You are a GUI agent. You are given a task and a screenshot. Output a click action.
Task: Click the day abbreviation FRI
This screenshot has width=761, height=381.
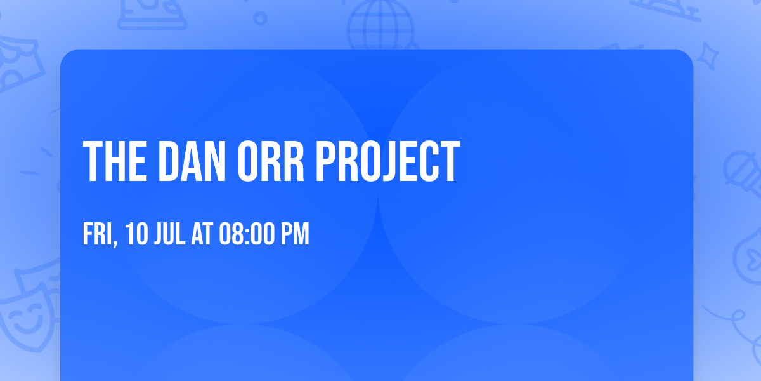(97, 234)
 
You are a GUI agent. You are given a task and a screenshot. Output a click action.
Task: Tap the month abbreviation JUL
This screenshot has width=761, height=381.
(168, 234)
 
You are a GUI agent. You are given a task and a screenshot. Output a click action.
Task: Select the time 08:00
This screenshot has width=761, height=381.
(247, 234)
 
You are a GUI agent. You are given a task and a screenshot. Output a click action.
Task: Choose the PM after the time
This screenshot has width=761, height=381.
(296, 234)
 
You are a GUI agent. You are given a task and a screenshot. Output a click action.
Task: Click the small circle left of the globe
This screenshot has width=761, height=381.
(260, 18)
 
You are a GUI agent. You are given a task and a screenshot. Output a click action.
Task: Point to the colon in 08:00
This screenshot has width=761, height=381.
(247, 235)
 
